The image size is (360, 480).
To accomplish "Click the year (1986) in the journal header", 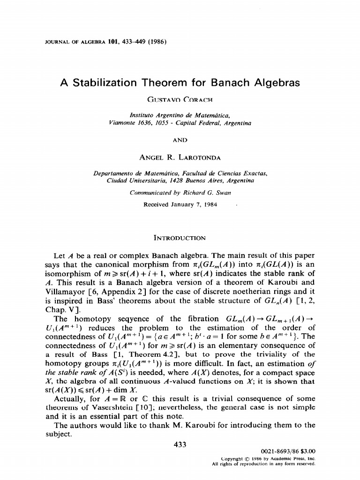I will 156,41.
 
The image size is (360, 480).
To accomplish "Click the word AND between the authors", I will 180,139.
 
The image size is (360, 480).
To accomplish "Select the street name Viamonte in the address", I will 120,123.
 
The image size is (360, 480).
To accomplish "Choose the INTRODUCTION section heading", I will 180,238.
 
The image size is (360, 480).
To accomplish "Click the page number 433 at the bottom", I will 180,445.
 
